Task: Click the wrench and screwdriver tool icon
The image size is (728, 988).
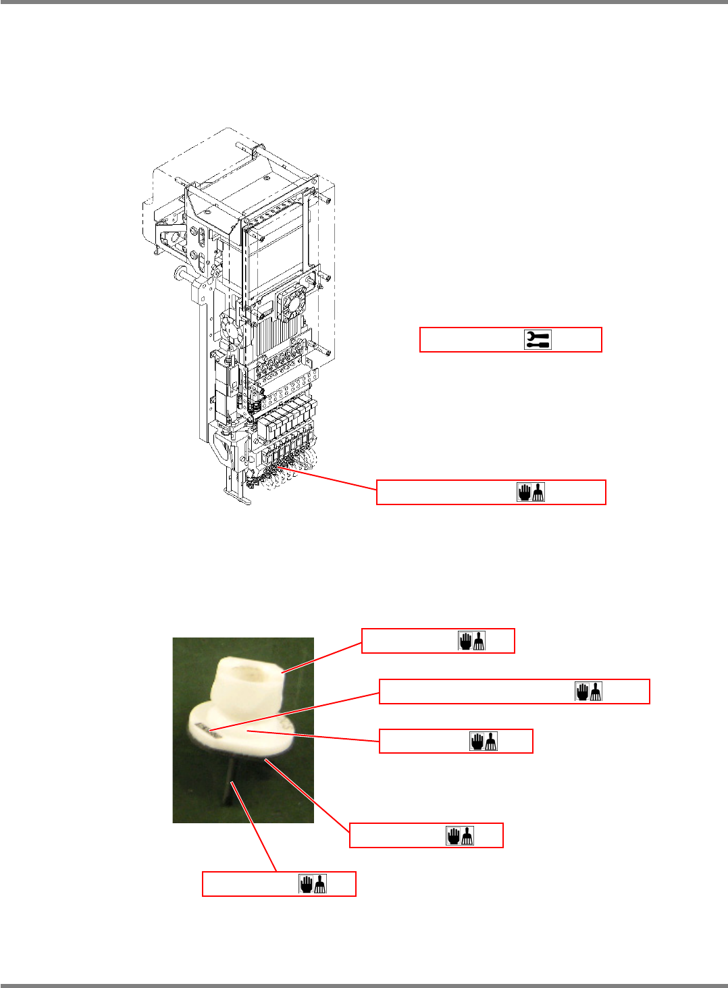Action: point(538,340)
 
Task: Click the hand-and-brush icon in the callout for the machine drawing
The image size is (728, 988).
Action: point(531,492)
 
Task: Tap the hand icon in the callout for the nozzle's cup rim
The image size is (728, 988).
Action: point(472,641)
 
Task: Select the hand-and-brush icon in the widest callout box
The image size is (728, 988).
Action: point(589,692)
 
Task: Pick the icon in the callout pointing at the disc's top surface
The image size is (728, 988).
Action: point(484,742)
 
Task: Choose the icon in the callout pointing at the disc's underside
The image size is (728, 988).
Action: point(460,835)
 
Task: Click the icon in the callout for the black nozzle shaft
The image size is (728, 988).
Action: point(313,884)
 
